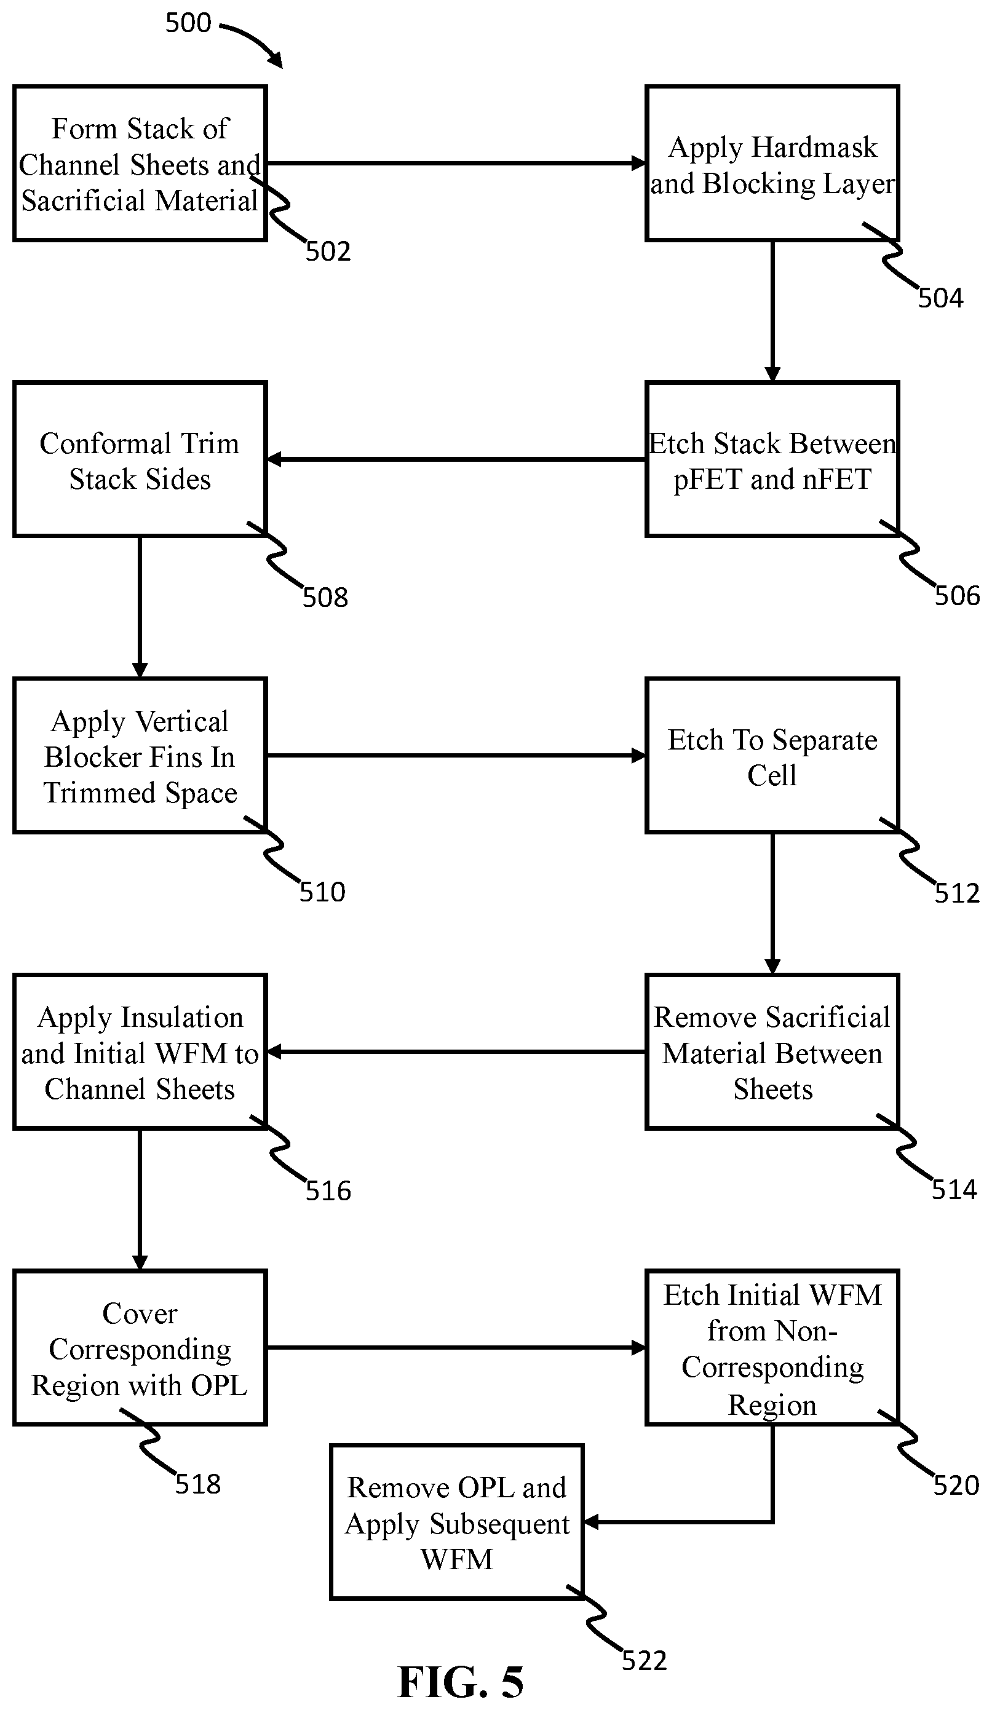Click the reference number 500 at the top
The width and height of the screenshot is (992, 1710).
(x=188, y=23)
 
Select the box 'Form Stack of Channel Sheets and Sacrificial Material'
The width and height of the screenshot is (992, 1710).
(x=140, y=163)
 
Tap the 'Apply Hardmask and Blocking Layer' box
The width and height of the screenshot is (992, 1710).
(x=772, y=163)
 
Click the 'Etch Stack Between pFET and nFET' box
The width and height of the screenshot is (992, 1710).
(x=772, y=459)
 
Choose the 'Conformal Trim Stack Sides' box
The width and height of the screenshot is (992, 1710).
(x=140, y=459)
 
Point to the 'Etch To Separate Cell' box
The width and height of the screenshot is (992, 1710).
(x=772, y=755)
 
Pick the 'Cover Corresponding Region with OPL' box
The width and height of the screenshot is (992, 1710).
(x=140, y=1348)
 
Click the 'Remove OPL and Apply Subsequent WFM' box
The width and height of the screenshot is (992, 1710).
(x=457, y=1522)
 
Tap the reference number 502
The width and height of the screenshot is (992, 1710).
(x=328, y=251)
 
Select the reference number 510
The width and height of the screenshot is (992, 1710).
(x=322, y=892)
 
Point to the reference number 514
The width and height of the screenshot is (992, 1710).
(x=954, y=1190)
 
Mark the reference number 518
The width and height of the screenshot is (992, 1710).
(x=198, y=1485)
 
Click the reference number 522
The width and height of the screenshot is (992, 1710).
(x=645, y=1660)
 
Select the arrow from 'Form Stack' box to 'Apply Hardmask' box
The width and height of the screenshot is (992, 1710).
(x=456, y=163)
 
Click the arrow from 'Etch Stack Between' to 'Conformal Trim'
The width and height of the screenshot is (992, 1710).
(x=456, y=459)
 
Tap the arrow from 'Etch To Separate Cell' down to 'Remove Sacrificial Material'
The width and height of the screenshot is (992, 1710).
(x=772, y=904)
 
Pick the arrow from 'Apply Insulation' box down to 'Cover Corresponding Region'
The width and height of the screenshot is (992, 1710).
(x=140, y=1200)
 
